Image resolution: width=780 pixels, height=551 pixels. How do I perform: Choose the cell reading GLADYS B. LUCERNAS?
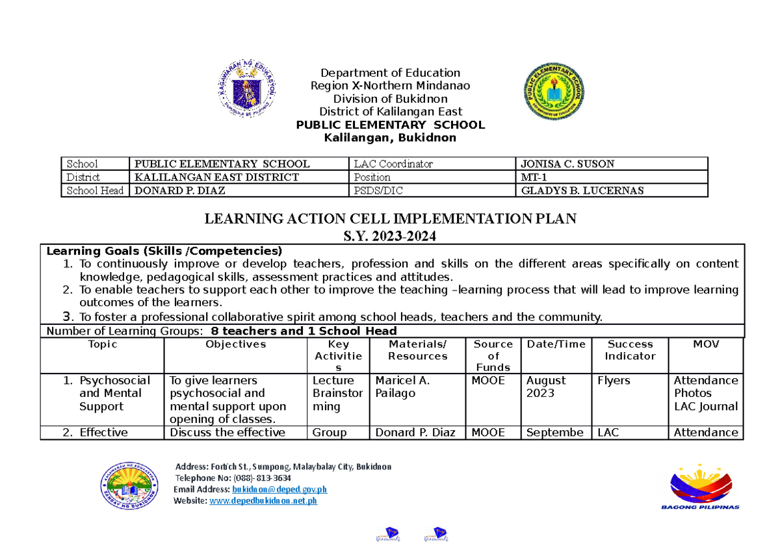pyautogui.click(x=573, y=190)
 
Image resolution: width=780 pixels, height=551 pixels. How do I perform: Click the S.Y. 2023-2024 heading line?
pyautogui.click(x=390, y=237)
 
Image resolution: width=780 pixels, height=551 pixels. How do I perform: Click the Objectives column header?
pyautogui.click(x=235, y=344)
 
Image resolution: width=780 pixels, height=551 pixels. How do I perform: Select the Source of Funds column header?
pyautogui.click(x=493, y=355)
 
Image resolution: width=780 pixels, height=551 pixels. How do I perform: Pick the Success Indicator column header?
pyautogui.click(x=629, y=350)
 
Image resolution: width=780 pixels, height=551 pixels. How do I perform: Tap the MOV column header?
pyautogui.click(x=705, y=344)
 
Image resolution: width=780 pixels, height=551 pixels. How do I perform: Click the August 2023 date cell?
pyautogui.click(x=546, y=387)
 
